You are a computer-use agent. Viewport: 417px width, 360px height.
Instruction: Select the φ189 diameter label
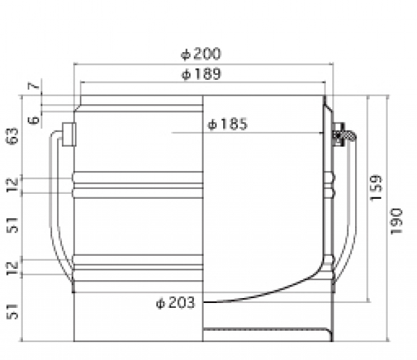pyautogui.click(x=201, y=74)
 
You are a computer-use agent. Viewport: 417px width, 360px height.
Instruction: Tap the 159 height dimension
pyautogui.click(x=376, y=186)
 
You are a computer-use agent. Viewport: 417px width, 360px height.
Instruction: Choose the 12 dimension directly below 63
pyautogui.click(x=13, y=185)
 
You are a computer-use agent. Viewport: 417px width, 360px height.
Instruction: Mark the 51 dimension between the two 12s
pyautogui.click(x=13, y=225)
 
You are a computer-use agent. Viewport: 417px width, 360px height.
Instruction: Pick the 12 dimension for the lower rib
pyautogui.click(x=13, y=267)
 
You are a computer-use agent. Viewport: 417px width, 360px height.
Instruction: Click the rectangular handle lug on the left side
pyautogui.click(x=68, y=133)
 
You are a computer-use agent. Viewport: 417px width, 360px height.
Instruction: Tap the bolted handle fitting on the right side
pyautogui.click(x=341, y=133)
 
